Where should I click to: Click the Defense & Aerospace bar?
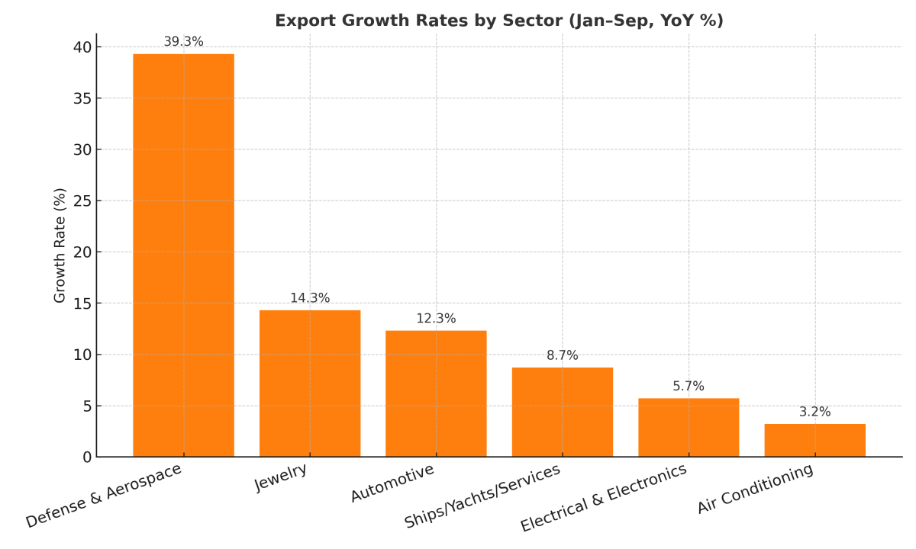(183, 255)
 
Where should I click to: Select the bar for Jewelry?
(310, 384)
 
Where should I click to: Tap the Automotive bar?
(436, 393)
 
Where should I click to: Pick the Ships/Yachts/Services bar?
(563, 413)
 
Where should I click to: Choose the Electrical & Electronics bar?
(689, 428)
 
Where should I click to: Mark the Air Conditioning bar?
(814, 441)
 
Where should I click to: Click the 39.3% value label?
(183, 42)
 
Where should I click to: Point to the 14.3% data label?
(310, 298)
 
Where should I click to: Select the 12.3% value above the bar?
(436, 319)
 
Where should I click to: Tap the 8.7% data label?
(563, 355)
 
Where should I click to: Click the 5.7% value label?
(689, 387)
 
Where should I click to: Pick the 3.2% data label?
(814, 412)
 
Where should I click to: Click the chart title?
(499, 21)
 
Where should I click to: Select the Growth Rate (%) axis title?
(60, 245)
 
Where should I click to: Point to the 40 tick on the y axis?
(82, 47)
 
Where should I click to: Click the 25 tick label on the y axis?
(82, 201)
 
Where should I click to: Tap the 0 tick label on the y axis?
(87, 457)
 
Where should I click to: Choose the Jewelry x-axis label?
(281, 477)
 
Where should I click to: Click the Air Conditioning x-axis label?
(756, 490)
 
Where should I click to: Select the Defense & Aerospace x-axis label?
(104, 496)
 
